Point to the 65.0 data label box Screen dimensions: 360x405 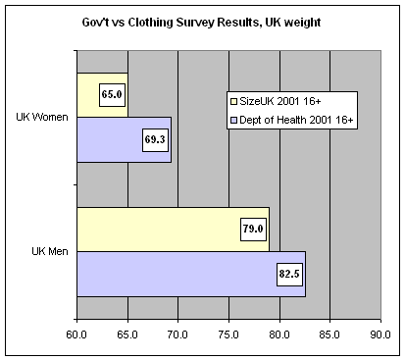pos(111,96)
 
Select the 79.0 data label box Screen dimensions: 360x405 pos(254,230)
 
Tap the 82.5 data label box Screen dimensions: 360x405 pos(289,273)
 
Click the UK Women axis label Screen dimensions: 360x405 pos(42,118)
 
